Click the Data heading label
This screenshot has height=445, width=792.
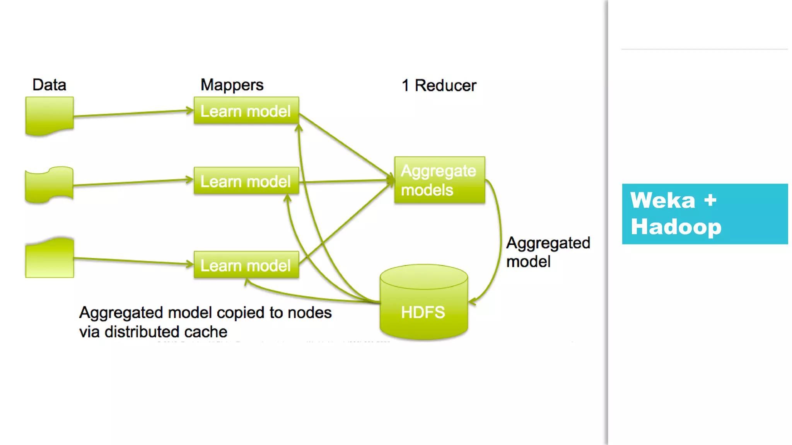49,85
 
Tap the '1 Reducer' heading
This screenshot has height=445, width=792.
439,85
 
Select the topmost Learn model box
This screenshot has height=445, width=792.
246,111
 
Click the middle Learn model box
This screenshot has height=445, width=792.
246,181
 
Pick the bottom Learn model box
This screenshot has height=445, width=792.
246,265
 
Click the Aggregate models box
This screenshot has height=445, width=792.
439,180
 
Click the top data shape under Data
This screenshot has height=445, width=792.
49,115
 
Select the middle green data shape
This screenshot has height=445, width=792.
49,185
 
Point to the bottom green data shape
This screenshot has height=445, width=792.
49,258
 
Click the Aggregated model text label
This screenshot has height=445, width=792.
548,252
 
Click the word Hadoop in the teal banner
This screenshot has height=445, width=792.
676,227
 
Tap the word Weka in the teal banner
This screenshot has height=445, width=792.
662,200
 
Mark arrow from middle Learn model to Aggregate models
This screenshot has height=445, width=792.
344,181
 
